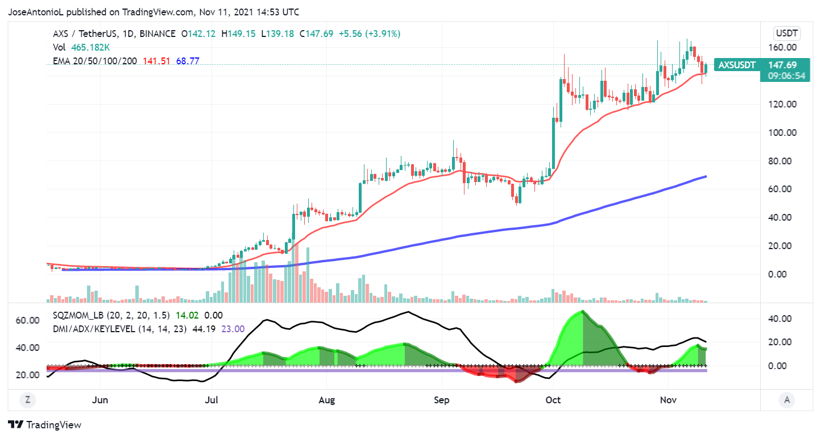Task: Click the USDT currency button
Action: [787, 33]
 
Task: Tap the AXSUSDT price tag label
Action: [737, 65]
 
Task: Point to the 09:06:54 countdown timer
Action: [787, 76]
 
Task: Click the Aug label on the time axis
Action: [327, 400]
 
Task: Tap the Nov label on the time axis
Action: [669, 400]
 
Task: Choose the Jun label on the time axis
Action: [100, 400]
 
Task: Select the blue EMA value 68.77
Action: [188, 61]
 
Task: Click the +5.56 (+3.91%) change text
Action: [370, 34]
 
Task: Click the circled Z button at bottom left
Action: [27, 400]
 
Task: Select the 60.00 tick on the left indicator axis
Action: [28, 320]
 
